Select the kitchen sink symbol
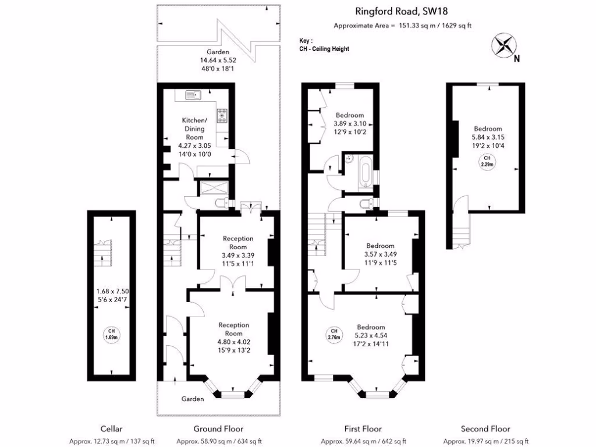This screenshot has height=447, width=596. pos(193,94)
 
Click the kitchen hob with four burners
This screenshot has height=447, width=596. pos(222,116)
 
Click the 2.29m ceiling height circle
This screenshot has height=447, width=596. pos(487,161)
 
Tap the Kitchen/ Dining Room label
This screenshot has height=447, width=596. pos(191,129)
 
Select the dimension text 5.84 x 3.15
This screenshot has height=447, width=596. pos(487,139)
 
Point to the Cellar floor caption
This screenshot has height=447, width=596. pos(111,429)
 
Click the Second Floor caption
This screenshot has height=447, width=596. pos(485,429)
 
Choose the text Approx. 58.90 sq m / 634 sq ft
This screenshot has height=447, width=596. pos(219,441)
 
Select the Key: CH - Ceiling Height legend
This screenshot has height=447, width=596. pos(324,45)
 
